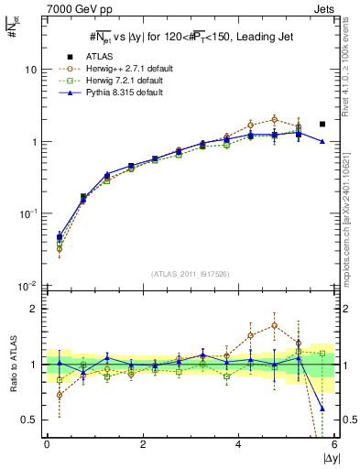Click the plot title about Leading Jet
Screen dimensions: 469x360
(x=188, y=37)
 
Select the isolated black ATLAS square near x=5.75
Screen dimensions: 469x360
(x=322, y=124)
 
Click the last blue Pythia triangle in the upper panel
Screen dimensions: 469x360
(x=322, y=141)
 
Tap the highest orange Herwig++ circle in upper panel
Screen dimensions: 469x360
(x=274, y=119)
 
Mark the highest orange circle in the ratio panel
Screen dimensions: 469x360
(x=274, y=325)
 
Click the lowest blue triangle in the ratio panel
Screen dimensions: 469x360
(x=322, y=409)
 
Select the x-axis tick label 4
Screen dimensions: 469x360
(x=238, y=445)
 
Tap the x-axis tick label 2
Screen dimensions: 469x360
(x=142, y=445)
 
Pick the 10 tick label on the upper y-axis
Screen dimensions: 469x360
(x=30, y=71)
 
